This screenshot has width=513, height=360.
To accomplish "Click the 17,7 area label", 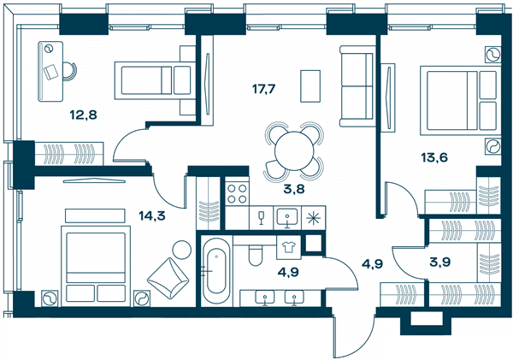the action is pos(264,89).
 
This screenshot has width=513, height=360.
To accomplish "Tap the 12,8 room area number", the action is pos(84,115).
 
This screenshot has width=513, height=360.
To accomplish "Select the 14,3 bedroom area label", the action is pos(152,215).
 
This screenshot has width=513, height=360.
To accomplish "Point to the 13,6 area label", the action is pos(434,157).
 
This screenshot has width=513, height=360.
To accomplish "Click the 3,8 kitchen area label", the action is pos(294,189).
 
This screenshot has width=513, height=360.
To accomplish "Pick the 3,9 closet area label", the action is pos(440,262).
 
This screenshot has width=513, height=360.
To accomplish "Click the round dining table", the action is pos(294,150).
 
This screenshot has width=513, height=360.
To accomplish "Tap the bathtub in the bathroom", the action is pos(216,271).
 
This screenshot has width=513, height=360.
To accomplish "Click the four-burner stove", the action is pos(237,194).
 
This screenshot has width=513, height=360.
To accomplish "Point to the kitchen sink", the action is pos(287,217).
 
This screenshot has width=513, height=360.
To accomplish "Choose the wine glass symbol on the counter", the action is pos(261,218).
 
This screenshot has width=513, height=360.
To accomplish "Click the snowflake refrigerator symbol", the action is pos(314,218).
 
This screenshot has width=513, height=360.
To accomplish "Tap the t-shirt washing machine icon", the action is pos(289,248).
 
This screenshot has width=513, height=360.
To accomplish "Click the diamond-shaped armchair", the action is pos(168,278).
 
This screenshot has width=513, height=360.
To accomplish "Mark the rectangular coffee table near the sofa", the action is pos(310,86).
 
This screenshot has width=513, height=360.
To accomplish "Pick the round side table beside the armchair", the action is pos(182,251).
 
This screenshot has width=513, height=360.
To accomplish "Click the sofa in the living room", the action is pos(357,86).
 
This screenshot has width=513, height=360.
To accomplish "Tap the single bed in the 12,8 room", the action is pos(155,80).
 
